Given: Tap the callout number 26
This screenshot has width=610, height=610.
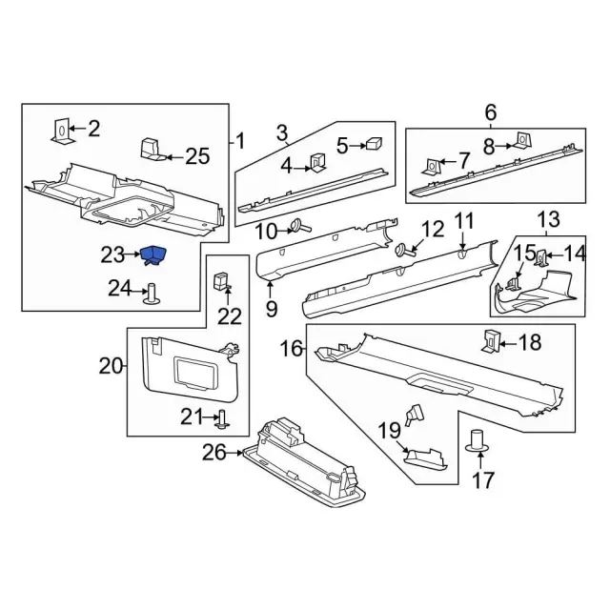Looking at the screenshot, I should [x=213, y=453].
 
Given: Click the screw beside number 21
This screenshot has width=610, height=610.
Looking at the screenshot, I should [x=220, y=416].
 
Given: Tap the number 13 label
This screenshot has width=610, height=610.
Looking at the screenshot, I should [x=547, y=220].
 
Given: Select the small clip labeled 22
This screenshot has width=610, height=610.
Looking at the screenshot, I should [x=222, y=280].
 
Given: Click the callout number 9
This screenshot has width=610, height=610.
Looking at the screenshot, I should [x=271, y=308].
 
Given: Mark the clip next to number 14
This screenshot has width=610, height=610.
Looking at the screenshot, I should [x=540, y=255].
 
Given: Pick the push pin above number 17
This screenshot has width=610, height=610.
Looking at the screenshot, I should [x=477, y=441].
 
